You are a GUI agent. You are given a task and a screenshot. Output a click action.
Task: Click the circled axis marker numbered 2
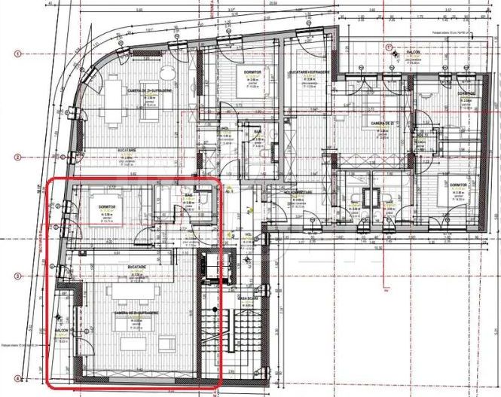[17, 157]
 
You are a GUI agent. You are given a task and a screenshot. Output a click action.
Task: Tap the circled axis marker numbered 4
[17, 377]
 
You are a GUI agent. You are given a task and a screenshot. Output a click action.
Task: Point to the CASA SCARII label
[249, 298]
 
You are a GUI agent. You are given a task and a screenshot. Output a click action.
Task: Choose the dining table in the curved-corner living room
[115, 96]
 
